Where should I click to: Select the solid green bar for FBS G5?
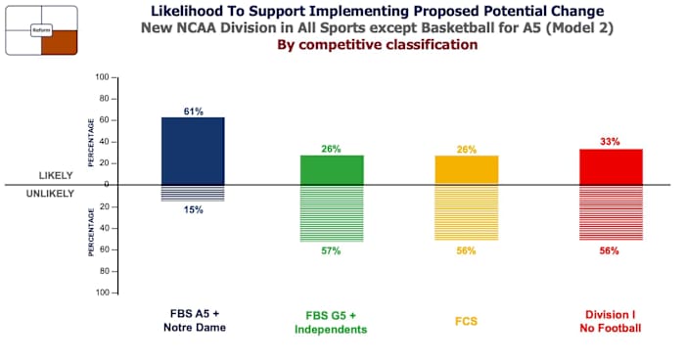331,169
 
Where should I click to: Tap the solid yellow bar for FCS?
466,169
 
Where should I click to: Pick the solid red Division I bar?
611,166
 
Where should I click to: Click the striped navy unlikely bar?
193,193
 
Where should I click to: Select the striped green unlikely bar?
331,213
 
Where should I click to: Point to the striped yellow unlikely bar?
466,212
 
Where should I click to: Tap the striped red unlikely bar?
611,212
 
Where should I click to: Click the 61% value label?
193,112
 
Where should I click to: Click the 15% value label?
193,209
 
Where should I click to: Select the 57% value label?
331,251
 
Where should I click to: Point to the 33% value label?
611,143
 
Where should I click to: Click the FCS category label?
466,320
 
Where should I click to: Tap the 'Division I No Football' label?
611,321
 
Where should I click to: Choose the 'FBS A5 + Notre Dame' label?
193,321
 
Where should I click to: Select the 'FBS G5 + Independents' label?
331,322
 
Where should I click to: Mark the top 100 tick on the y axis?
102,77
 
